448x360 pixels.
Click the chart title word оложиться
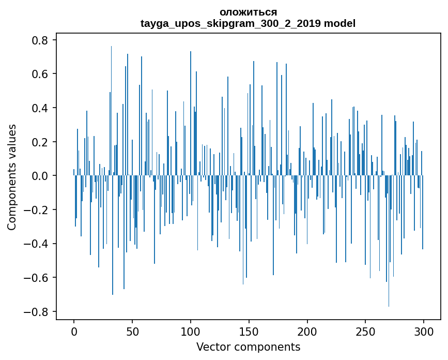click(x=248, y=12)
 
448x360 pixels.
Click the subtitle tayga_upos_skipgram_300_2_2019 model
click(x=248, y=24)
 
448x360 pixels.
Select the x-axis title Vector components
click(x=248, y=347)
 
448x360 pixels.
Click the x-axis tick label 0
click(x=74, y=332)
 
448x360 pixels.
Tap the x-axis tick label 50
click(x=132, y=332)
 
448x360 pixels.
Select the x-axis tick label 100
click(x=191, y=332)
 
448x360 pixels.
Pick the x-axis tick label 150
click(x=249, y=332)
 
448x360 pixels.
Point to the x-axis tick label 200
click(x=307, y=332)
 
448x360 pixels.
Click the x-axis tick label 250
click(x=365, y=332)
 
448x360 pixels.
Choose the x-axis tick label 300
click(x=424, y=332)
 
